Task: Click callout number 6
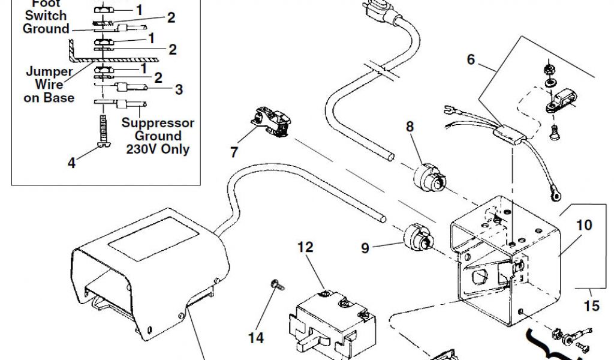(471, 59)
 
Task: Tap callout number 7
(234, 152)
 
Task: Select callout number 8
(410, 127)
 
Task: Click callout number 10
(584, 225)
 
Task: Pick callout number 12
(305, 247)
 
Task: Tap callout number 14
(256, 338)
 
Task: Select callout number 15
(591, 306)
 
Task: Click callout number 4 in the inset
(72, 162)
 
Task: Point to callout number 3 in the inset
(179, 89)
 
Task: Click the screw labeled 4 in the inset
(104, 132)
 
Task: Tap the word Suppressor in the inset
(158, 123)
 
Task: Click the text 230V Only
(158, 149)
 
